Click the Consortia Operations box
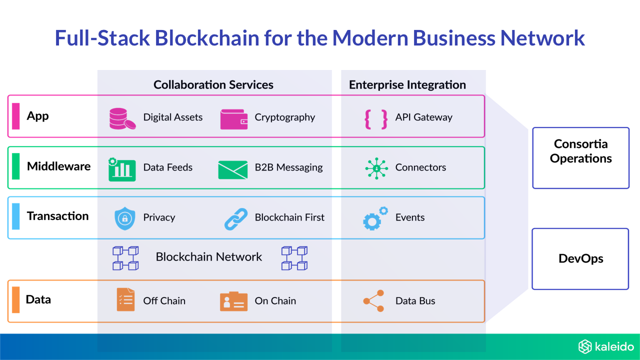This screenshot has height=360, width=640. (580, 158)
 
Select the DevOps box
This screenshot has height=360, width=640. (580, 259)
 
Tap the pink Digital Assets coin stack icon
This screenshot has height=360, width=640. (122, 118)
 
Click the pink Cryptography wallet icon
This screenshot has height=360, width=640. (234, 119)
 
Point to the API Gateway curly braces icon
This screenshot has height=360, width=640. (376, 118)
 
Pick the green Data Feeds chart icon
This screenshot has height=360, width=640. (122, 169)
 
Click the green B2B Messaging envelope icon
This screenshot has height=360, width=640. (233, 169)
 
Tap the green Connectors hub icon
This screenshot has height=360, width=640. (376, 168)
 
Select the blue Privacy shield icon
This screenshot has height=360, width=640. (124, 218)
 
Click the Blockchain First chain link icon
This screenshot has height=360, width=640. (236, 219)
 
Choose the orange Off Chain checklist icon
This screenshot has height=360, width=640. (125, 300)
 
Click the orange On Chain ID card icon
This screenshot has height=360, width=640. (233, 301)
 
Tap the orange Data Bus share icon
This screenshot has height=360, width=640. (374, 301)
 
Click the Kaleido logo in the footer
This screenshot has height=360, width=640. (606, 346)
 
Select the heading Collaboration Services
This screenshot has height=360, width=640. (213, 85)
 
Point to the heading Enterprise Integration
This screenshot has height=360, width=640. (407, 85)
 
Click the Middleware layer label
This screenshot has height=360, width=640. (58, 166)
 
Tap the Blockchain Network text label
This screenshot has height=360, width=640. (209, 257)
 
